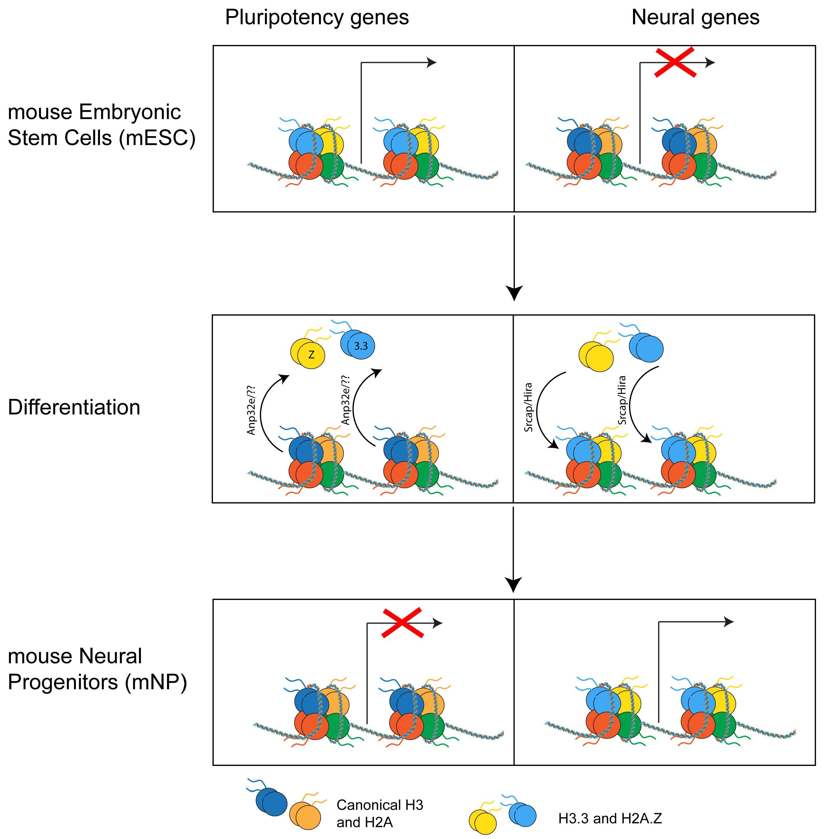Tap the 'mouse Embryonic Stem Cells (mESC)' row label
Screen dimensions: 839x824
click(102, 125)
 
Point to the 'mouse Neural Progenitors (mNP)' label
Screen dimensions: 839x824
click(97, 669)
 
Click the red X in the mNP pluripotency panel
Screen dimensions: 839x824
click(402, 623)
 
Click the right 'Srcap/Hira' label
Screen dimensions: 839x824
click(622, 400)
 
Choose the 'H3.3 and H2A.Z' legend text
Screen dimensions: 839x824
click(610, 819)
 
